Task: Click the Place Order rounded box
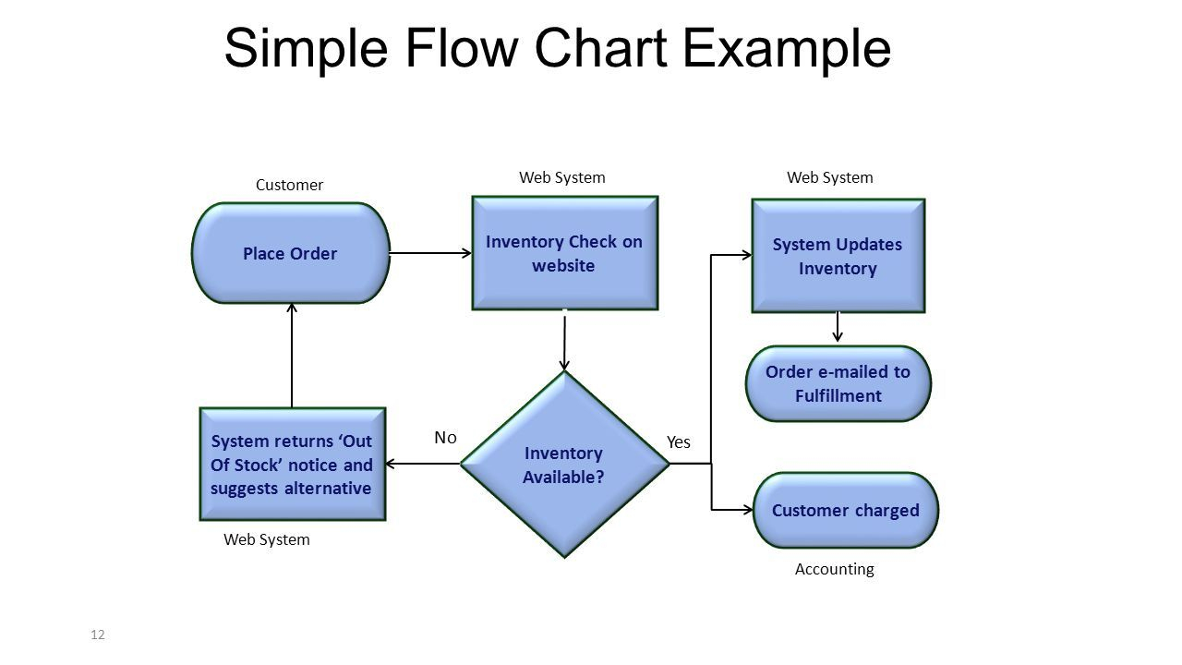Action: click(290, 253)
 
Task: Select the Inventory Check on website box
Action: click(564, 253)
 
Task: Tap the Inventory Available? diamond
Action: click(564, 465)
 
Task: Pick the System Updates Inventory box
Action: click(838, 256)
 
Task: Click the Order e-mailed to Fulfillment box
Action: click(838, 383)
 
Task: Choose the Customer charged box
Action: click(845, 510)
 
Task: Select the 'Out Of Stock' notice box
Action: click(292, 465)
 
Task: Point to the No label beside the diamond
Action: click(446, 438)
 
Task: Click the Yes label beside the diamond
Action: click(679, 442)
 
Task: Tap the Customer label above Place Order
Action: click(289, 185)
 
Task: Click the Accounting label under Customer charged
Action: click(834, 570)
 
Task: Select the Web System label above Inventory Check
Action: click(562, 177)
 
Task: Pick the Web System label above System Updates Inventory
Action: click(829, 177)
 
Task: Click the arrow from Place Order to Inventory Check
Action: click(430, 252)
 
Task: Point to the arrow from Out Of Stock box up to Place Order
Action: click(292, 356)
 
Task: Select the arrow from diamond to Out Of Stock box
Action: click(423, 464)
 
